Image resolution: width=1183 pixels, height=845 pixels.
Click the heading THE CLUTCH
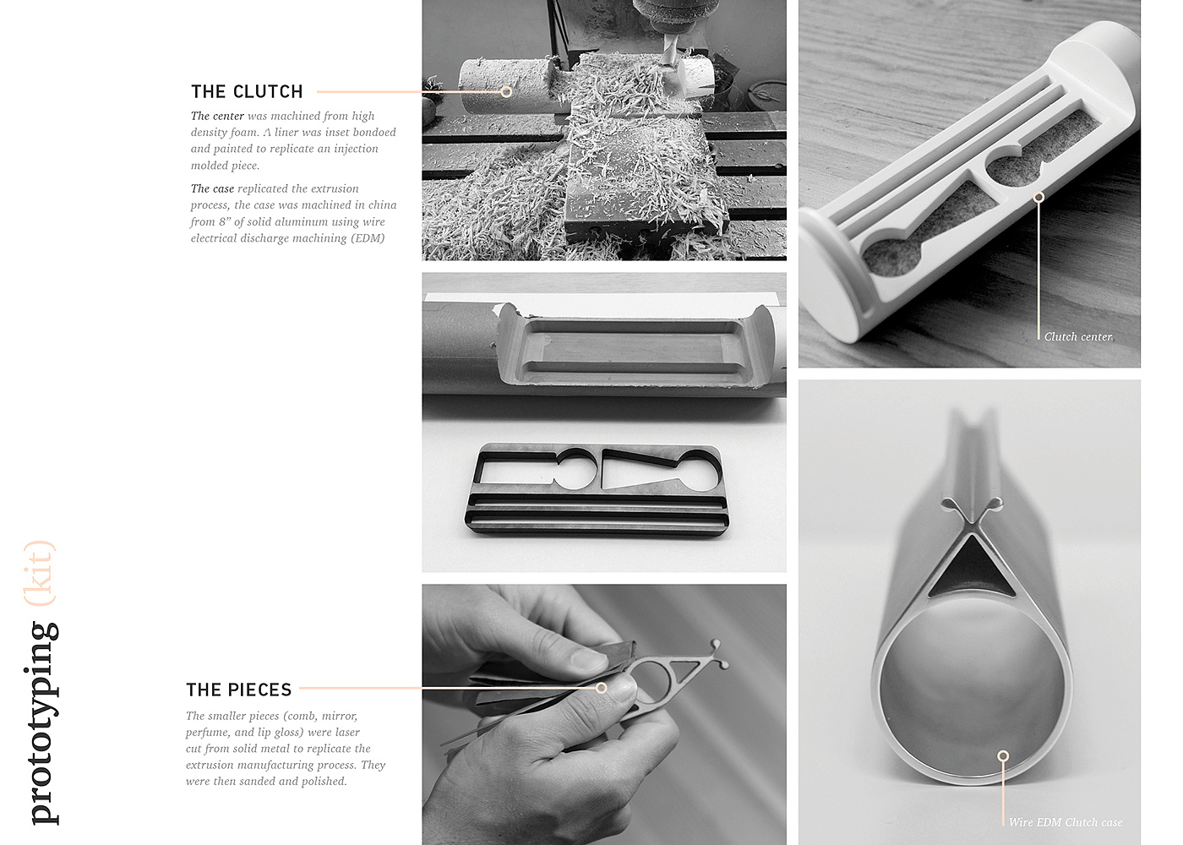[x=247, y=91]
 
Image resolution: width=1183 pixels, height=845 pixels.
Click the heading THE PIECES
[x=238, y=690]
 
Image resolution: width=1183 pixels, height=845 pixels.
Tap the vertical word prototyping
[x=42, y=722]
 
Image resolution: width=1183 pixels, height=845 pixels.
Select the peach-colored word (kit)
[x=41, y=573]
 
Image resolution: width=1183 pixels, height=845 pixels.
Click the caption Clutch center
[x=1078, y=336]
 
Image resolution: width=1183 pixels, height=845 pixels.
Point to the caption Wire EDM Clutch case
[x=1066, y=822]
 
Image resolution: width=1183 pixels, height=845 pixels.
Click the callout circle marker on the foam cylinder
[x=506, y=92]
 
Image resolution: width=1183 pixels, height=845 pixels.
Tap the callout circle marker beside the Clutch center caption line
[x=1039, y=197]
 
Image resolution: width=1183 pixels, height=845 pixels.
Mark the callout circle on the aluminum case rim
[x=1003, y=756]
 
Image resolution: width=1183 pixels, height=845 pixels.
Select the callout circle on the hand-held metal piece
[x=601, y=688]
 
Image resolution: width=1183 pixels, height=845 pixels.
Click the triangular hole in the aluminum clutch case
[x=971, y=570]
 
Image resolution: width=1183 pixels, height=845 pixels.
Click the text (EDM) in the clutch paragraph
[x=368, y=238]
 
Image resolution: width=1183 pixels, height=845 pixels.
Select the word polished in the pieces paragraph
[x=324, y=781]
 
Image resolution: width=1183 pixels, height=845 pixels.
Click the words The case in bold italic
[x=212, y=188]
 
